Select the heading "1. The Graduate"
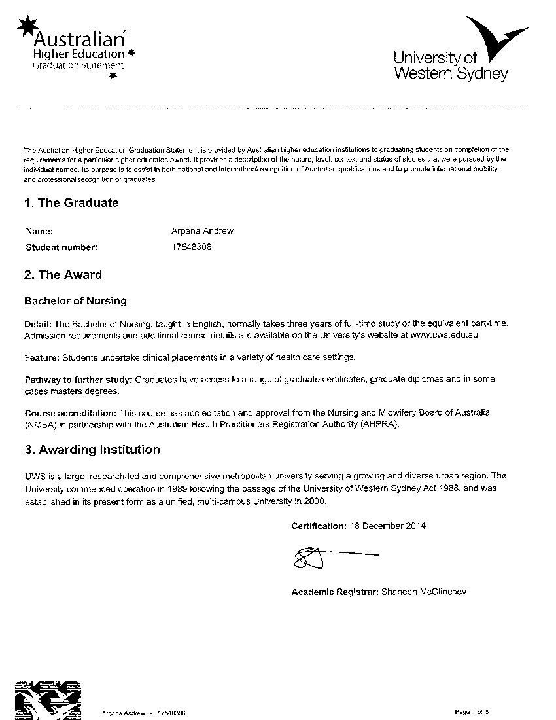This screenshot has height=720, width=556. coord(71,203)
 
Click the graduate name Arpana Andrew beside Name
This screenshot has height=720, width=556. coord(202,231)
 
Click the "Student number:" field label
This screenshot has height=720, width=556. coord(61,247)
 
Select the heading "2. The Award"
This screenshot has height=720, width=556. coord(63,275)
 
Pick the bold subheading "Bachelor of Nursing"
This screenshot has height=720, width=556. coord(75,302)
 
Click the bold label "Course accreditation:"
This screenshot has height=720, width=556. coord(71,413)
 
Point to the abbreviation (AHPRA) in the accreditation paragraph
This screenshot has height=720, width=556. coord(377,424)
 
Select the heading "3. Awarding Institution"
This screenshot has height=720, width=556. coord(92,450)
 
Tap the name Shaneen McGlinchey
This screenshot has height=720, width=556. coord(424,592)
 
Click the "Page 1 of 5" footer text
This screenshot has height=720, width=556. coord(472,711)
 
